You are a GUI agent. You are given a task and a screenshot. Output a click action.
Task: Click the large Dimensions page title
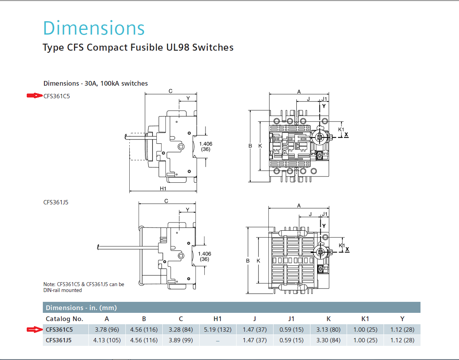tap(94, 28)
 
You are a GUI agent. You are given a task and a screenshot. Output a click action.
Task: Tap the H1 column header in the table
tap(217, 319)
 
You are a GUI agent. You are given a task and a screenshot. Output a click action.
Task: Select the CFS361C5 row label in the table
tap(59, 329)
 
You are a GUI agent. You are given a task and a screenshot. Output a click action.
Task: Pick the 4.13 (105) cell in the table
tap(107, 340)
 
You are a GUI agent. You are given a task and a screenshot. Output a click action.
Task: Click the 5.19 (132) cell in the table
tap(217, 329)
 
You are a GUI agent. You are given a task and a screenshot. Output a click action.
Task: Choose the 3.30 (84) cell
tap(328, 340)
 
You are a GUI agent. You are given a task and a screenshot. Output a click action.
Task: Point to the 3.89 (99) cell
tap(180, 340)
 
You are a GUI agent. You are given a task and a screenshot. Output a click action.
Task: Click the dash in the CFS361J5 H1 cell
tap(217, 341)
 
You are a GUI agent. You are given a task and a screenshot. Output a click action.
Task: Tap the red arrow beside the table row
tap(34, 329)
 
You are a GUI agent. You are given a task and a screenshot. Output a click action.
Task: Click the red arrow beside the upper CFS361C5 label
tap(34, 96)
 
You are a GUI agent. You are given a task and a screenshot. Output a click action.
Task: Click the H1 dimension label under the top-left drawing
tap(163, 189)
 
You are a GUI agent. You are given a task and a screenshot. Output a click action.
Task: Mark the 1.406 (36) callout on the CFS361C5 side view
tap(205, 147)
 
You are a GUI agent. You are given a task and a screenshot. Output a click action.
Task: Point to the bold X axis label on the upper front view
tap(346, 134)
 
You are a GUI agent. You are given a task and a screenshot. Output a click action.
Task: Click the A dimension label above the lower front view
tap(299, 206)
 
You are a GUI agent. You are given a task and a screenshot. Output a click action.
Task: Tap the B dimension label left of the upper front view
tap(250, 146)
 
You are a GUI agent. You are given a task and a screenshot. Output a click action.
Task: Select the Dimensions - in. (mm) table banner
tap(81, 308)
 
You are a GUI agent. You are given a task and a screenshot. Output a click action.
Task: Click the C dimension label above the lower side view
tap(166, 201)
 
